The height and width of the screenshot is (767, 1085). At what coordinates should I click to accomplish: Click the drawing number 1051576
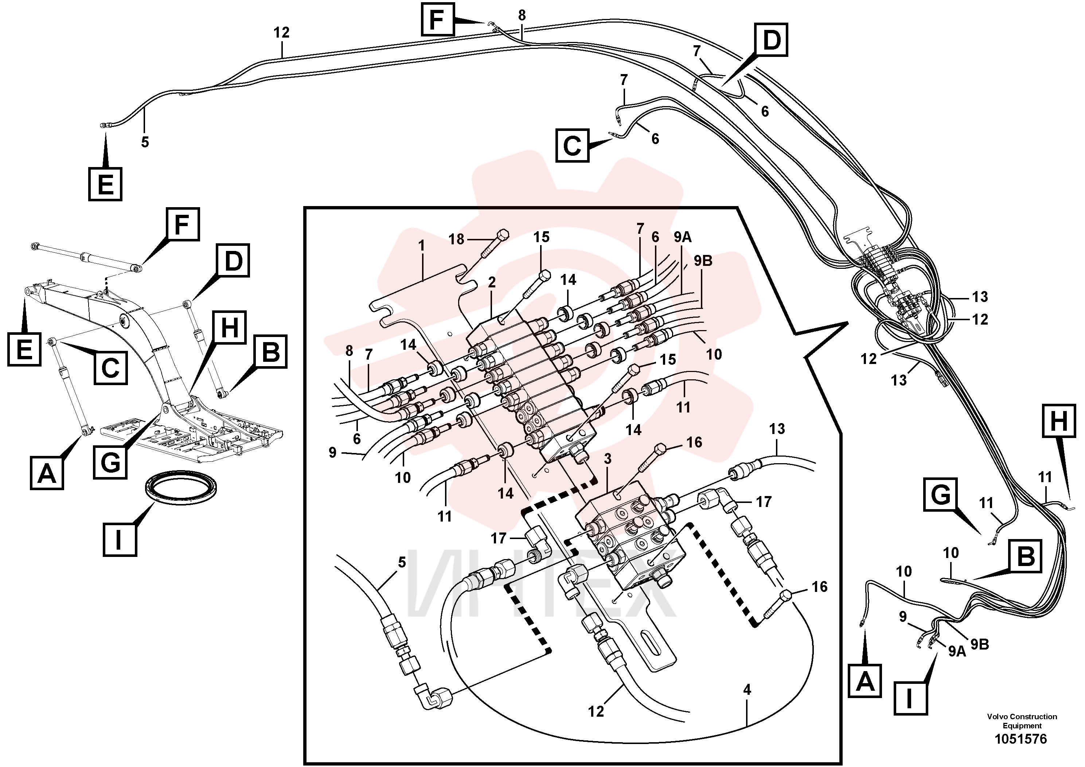point(1021,739)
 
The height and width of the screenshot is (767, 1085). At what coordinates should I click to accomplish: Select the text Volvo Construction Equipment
point(1022,721)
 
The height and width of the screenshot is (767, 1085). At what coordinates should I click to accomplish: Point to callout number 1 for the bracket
point(422,246)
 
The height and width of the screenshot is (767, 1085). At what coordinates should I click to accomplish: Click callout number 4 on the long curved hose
point(747,690)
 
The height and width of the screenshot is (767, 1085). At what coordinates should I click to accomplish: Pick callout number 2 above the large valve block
point(492,282)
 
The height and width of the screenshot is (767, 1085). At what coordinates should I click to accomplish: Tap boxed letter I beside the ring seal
point(120,539)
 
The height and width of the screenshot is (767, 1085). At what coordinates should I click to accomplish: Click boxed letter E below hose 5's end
point(105,184)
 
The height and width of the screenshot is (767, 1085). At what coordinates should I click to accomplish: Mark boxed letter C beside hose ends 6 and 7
point(572,145)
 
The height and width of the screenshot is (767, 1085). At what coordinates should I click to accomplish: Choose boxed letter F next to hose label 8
point(438,20)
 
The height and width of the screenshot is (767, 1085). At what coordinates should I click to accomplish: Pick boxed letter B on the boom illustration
point(271,352)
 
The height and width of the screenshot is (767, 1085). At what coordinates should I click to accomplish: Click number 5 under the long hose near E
point(145,142)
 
